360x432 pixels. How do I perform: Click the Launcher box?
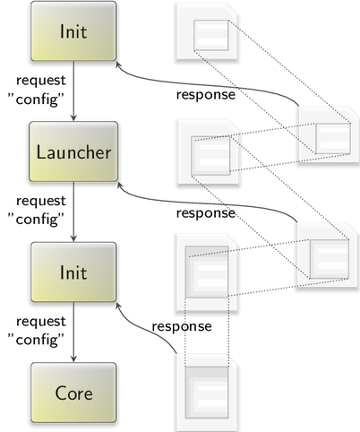[73, 151]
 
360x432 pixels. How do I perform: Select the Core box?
[73, 393]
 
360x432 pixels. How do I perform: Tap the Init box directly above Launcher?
[73, 31]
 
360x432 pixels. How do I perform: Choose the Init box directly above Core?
[73, 272]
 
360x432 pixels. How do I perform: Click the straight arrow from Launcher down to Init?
[73, 212]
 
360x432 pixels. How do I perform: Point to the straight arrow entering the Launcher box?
[73, 91]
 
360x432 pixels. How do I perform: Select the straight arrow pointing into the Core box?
[73, 333]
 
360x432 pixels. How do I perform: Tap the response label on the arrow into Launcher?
[206, 213]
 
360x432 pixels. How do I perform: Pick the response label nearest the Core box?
[182, 326]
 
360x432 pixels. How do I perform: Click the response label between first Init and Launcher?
[206, 95]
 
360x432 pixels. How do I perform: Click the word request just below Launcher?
[41, 202]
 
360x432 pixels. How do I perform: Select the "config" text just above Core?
[36, 340]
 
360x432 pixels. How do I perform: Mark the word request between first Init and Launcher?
[41, 81]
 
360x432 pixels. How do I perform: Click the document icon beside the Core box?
[207, 393]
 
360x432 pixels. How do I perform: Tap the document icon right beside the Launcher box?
[209, 151]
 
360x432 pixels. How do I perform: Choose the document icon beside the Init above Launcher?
[207, 32]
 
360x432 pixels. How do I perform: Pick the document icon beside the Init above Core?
[207, 273]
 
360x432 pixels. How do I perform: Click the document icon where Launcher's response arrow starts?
[327, 255]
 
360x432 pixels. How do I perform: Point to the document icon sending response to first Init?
[329, 134]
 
